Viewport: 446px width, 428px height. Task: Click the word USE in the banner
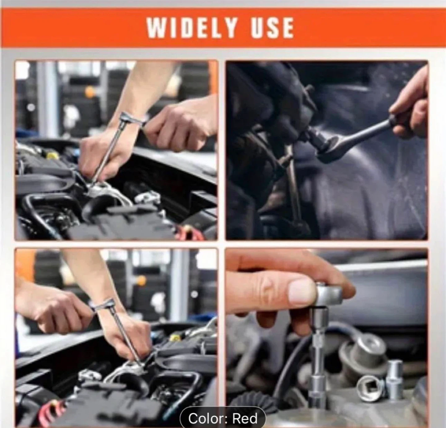[x=272, y=28]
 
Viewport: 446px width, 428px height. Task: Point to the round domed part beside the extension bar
[x=365, y=351]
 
